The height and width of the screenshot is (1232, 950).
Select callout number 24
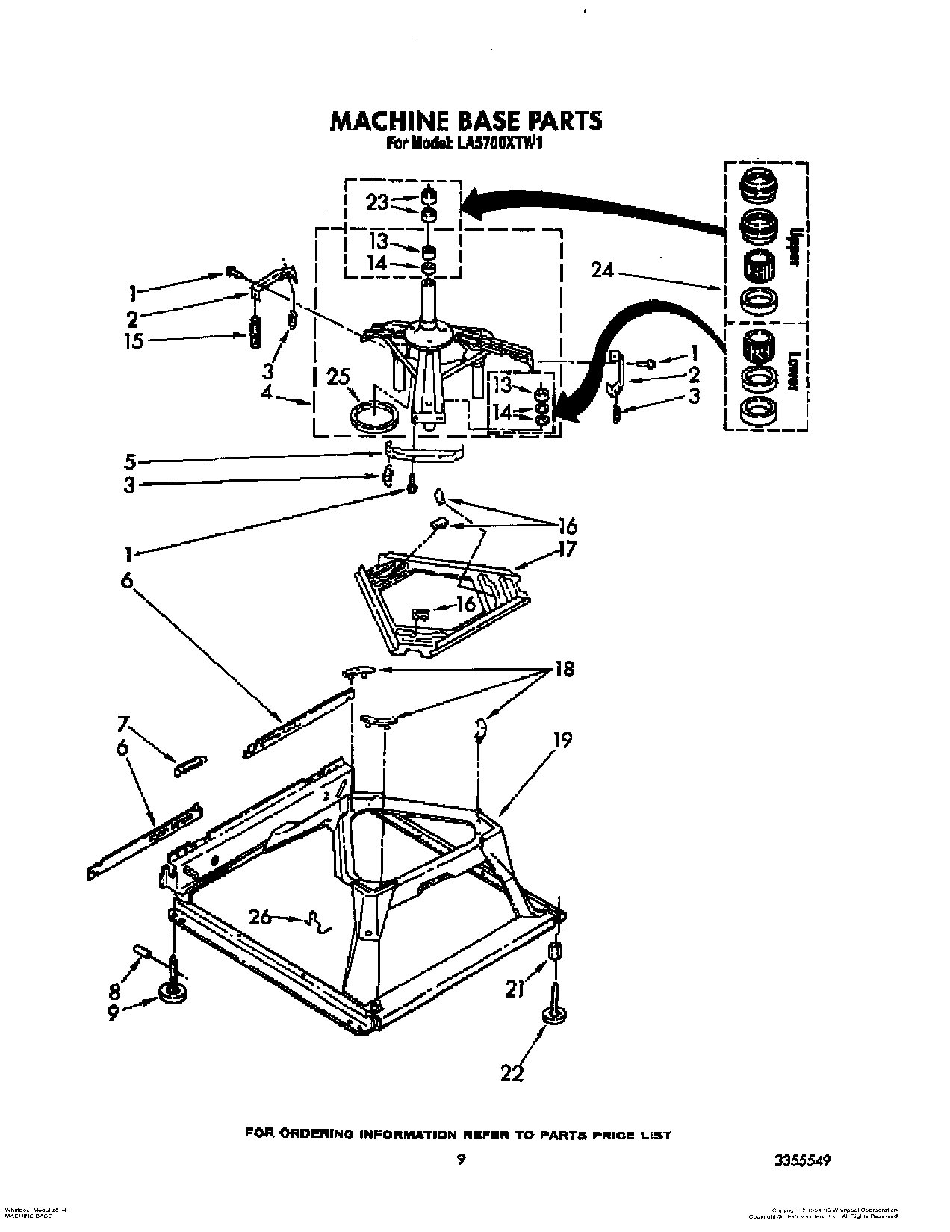coord(602,271)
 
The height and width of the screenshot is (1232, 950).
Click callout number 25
coord(340,378)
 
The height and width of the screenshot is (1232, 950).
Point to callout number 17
coord(568,550)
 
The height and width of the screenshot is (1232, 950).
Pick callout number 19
coord(562,741)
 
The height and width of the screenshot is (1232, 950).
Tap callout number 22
coord(513,1073)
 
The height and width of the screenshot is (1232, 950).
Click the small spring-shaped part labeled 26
coord(317,924)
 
